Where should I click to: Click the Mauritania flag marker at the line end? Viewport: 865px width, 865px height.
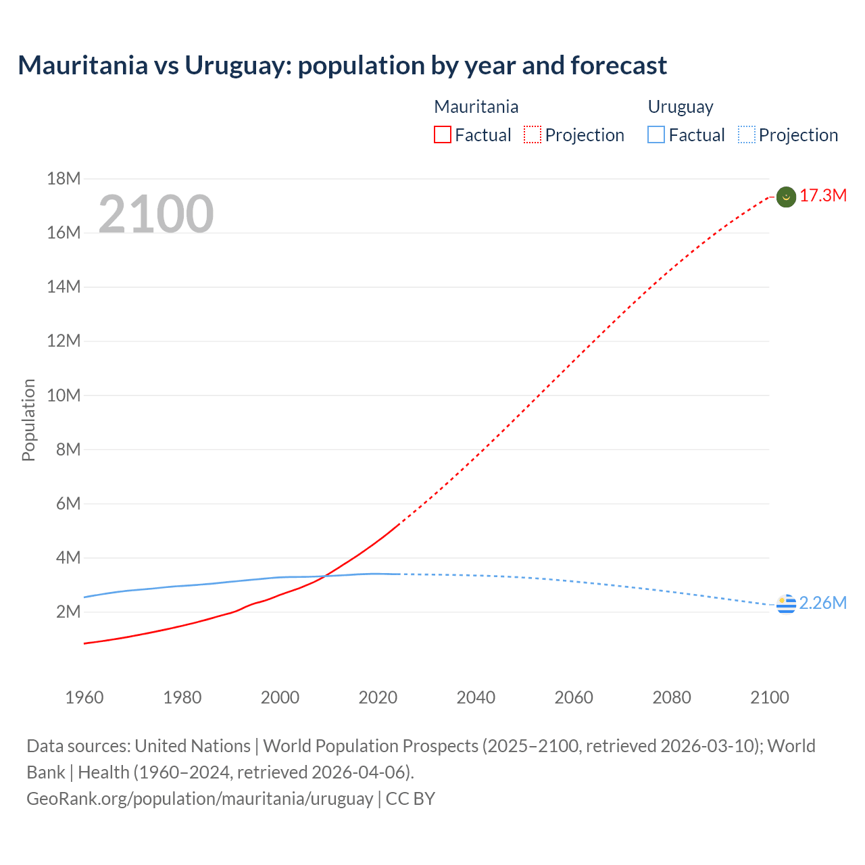coord(786,197)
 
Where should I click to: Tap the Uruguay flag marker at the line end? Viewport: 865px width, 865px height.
coord(786,604)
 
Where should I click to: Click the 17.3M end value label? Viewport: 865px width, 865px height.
coord(822,196)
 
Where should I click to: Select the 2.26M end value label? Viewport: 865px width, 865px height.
coord(822,603)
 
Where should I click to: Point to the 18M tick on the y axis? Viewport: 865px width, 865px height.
coord(64,178)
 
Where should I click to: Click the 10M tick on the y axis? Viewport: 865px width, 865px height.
coord(64,395)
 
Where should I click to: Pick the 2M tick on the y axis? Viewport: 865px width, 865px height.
coord(68,612)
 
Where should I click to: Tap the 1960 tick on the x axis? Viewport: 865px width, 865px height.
coord(84,697)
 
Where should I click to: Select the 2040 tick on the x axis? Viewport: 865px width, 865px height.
coord(476,697)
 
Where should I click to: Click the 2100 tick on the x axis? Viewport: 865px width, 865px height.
coord(769,697)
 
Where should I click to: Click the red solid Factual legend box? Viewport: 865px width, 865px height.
coord(442,135)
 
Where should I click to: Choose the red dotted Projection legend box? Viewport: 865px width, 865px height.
coord(533,135)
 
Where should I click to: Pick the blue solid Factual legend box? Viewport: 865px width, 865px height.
coord(656,135)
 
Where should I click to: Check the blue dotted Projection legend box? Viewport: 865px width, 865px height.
coord(747,135)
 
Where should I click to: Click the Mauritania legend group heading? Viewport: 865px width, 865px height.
coord(476,107)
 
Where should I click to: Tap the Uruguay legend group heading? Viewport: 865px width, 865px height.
coord(680,107)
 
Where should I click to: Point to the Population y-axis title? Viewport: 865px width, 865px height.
coord(28,420)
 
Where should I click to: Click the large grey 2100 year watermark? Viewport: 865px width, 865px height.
coord(156,214)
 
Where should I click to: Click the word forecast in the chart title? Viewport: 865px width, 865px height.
coord(618,66)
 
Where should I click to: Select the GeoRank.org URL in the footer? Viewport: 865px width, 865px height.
coord(199,799)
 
